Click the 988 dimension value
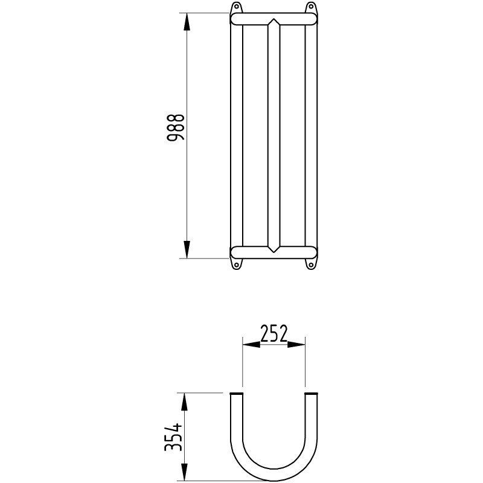coord(176,129)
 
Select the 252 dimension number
coord(273,333)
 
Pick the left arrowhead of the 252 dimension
coord(251,344)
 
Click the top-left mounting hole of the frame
coord(236,8)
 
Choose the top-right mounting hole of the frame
coord(311,8)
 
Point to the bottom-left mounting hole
coord(236,264)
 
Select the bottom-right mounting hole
coord(311,264)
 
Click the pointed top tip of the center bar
coord(273,21)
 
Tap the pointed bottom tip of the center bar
coord(273,251)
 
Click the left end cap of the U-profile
coord(236,394)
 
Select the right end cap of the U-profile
coord(311,394)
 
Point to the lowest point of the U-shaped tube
coord(273,477)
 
